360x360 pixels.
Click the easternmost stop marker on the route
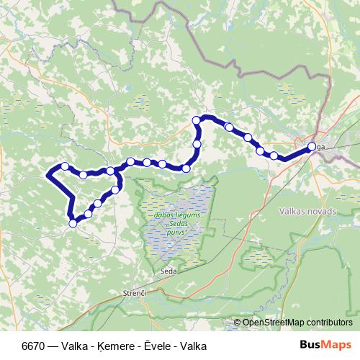coord(310,147)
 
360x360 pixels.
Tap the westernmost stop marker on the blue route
coord(65,166)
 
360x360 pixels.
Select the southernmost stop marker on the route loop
coord(73,223)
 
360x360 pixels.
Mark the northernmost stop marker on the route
coord(196,120)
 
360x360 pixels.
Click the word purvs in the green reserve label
coord(176,233)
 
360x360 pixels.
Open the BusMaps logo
coord(325,346)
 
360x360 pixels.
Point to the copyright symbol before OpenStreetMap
coord(237,323)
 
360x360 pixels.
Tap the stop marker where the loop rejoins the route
coord(110,171)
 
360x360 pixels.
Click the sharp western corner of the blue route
coord(48,174)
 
